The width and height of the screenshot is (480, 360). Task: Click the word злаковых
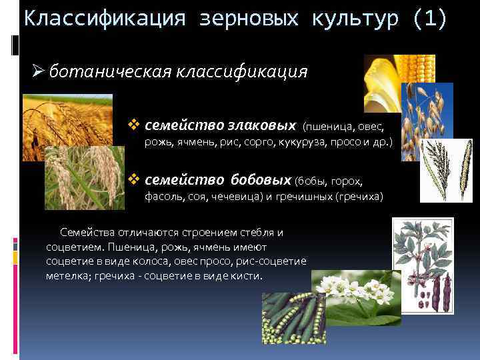coord(263,125)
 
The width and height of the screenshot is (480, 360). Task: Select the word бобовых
coord(261,180)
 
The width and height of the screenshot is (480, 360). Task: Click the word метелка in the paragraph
coord(67,276)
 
